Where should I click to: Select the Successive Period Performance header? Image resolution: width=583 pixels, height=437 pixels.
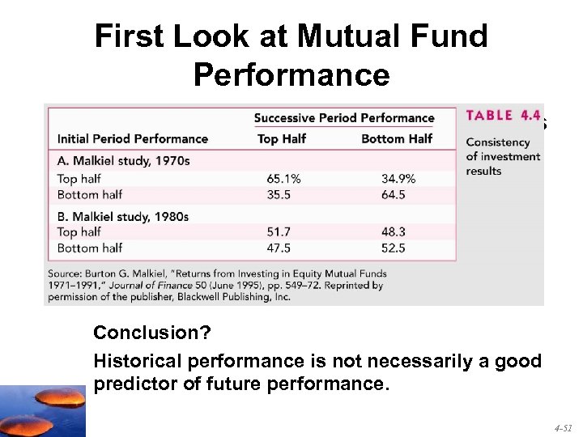(x=344, y=118)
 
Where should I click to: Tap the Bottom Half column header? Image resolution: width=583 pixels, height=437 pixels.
(x=397, y=139)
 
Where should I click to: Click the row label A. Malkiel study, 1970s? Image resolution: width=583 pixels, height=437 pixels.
(x=122, y=161)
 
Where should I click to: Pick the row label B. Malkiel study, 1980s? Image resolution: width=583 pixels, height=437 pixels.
(x=122, y=216)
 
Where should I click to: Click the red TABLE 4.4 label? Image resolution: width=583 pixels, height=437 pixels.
(x=500, y=116)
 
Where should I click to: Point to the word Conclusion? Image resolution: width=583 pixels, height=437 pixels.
(x=137, y=333)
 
